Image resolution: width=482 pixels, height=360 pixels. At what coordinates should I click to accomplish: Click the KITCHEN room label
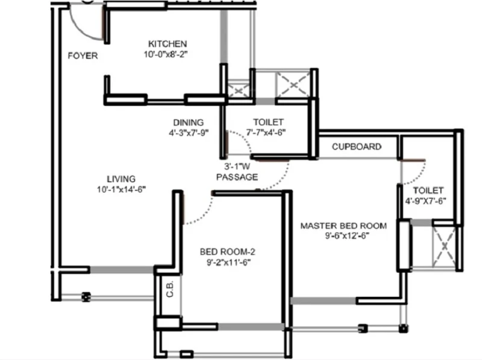[167, 43]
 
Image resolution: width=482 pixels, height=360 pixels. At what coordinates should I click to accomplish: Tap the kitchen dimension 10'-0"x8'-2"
[166, 54]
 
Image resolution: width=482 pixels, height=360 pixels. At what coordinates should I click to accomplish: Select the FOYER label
[83, 55]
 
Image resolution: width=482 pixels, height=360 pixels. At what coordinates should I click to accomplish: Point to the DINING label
[189, 122]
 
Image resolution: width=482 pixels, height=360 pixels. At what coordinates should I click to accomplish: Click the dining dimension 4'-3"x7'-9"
[189, 132]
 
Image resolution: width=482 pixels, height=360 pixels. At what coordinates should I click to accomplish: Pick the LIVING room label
[121, 179]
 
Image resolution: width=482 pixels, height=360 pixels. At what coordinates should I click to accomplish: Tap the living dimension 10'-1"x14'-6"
[122, 190]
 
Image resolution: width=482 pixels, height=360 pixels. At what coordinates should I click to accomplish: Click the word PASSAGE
[237, 177]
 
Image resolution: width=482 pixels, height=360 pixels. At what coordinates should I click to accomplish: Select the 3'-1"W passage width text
[237, 167]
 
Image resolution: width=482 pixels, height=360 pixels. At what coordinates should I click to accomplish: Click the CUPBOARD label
[357, 146]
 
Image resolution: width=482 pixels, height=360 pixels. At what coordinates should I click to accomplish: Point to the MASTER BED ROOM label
[343, 226]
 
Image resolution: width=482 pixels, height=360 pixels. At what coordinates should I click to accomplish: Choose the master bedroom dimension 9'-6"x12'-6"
[348, 236]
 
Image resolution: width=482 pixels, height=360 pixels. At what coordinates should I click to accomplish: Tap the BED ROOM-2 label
[228, 252]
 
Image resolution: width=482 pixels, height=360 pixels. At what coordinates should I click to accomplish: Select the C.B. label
[170, 289]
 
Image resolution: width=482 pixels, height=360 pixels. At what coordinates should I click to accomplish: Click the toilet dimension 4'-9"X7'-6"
[426, 201]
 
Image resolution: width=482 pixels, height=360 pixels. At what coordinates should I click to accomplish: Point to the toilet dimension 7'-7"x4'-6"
[266, 132]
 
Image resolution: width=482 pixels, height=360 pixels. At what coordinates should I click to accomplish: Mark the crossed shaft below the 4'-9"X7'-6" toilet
[444, 246]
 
